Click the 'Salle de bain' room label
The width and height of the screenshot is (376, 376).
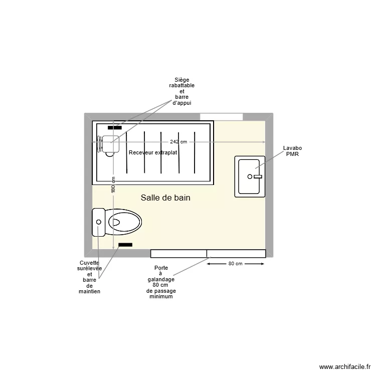(165, 198)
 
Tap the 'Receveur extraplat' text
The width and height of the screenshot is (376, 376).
(153, 152)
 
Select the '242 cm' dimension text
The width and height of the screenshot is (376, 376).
(178, 142)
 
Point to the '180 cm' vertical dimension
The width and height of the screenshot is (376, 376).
(113, 185)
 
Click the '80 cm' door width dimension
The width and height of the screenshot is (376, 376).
(235, 264)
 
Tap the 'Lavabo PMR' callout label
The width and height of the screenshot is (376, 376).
(292, 151)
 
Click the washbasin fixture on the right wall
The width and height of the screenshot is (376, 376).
(250, 176)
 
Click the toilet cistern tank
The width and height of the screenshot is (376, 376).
(98, 222)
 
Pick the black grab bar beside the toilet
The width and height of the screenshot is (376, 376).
(125, 245)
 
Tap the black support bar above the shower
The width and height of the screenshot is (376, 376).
(115, 128)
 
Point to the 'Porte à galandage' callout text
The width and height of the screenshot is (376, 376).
(161, 282)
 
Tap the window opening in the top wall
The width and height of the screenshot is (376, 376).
(221, 117)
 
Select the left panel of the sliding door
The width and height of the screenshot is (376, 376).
(178, 253)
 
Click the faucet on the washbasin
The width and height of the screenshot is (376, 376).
(258, 176)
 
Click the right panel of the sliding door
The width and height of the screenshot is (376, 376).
(236, 253)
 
